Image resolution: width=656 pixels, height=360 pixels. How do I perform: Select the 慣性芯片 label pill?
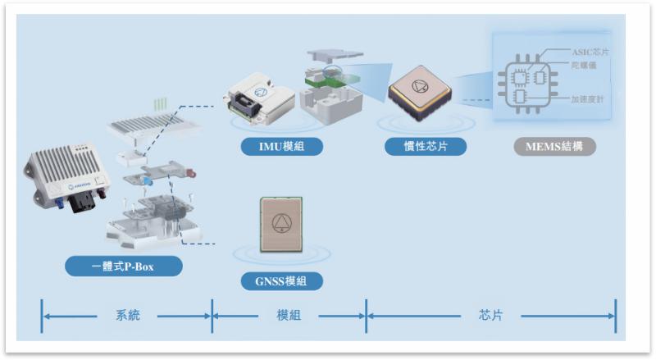pos(425,147)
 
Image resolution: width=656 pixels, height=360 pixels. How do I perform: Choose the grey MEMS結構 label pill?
pos(554,147)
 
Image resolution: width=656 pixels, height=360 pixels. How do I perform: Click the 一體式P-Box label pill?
pos(124,266)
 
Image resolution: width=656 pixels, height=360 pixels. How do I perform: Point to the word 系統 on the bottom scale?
pos(127,316)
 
